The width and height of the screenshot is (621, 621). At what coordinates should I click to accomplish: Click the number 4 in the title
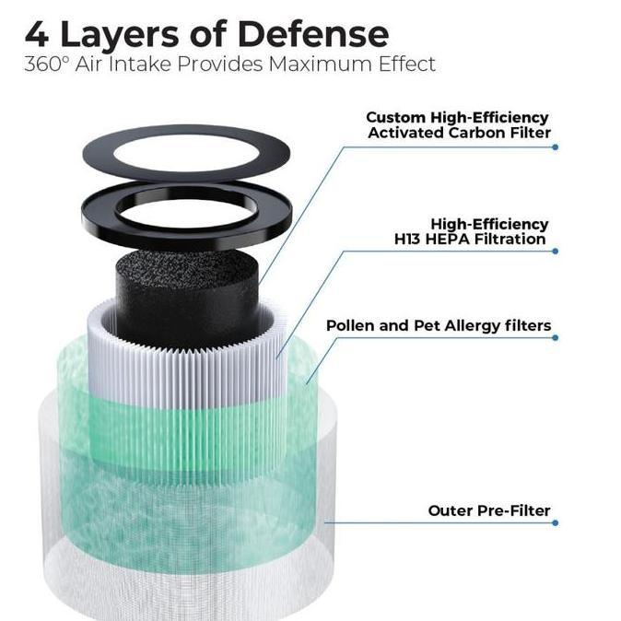(x=37, y=34)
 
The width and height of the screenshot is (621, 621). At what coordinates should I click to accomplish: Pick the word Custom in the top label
(x=395, y=117)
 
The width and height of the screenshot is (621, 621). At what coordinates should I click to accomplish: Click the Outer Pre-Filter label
(x=488, y=510)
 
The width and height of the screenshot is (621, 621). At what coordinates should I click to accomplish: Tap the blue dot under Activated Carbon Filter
(x=555, y=146)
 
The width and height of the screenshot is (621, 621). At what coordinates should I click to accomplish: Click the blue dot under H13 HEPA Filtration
(x=555, y=252)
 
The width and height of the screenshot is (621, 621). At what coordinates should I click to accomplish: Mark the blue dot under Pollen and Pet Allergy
(x=555, y=337)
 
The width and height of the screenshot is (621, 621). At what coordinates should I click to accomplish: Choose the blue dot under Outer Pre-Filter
(x=555, y=522)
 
